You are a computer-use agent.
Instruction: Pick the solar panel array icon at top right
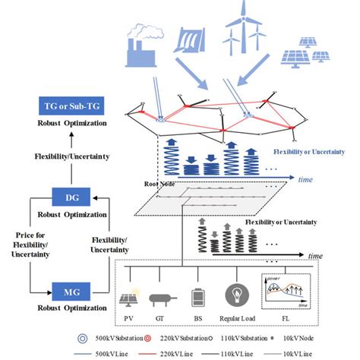point(307,55)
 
